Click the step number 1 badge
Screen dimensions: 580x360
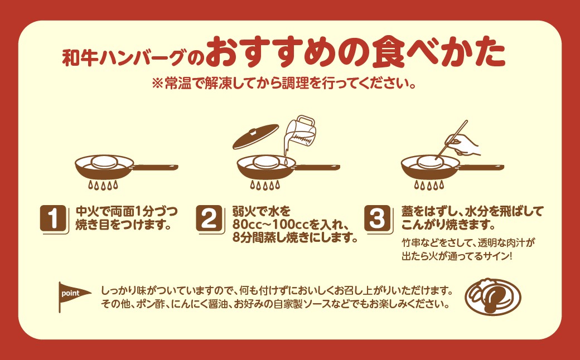pos(54,218)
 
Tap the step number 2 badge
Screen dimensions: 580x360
pos(209,218)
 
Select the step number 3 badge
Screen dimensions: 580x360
pos(378,218)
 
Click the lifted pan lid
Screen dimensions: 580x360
pos(255,136)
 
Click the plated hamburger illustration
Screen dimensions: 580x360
pos(492,297)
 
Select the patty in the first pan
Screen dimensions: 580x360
pos(105,162)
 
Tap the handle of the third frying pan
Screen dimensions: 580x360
pos(481,167)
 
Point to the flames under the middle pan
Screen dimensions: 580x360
pos(265,185)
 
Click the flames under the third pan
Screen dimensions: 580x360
pos(429,185)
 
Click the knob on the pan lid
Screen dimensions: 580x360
pos(254,132)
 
